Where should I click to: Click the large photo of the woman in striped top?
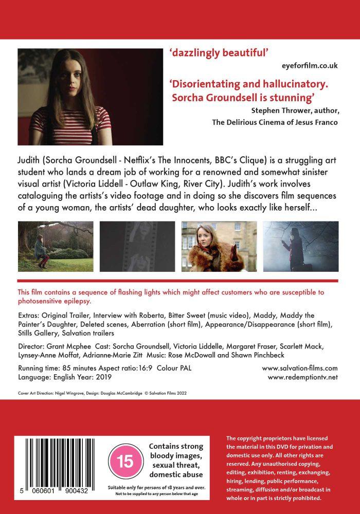[91, 97]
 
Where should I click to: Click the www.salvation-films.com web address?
[300, 368]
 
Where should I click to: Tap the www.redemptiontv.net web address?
[303, 377]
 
